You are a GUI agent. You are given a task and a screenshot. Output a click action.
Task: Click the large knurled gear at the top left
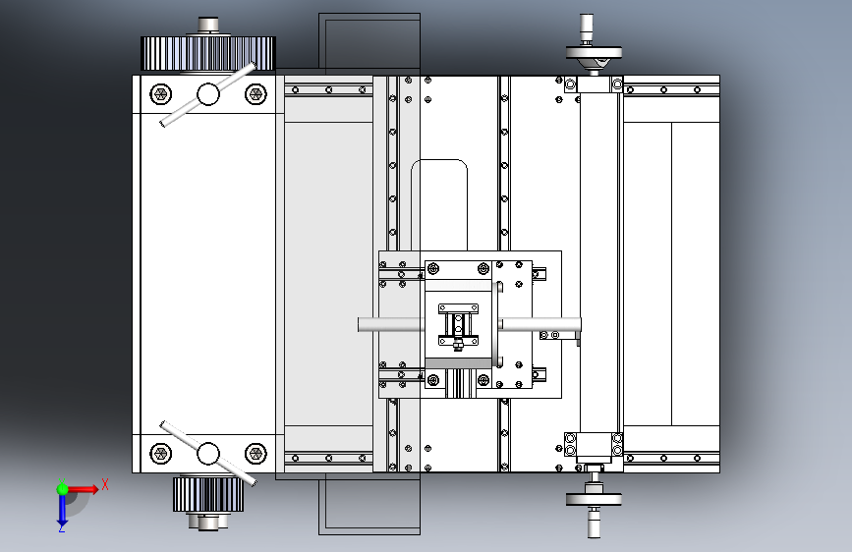pos(207,53)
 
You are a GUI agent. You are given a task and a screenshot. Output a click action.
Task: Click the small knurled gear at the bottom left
pos(207,495)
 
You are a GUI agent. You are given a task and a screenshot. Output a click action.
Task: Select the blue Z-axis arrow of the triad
pos(62,509)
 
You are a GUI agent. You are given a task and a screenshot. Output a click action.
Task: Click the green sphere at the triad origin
pos(62,488)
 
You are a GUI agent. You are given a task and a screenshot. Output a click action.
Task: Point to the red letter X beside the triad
pos(105,484)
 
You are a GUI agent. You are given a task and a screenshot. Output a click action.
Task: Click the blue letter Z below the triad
pos(62,528)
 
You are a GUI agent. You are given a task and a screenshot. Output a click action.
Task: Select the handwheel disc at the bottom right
pos(594,498)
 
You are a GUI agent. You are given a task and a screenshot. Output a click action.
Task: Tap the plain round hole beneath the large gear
pos(207,94)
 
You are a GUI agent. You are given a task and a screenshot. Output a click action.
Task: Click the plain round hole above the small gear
pos(207,454)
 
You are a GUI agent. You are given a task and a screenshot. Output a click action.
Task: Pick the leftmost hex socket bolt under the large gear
pos(160,94)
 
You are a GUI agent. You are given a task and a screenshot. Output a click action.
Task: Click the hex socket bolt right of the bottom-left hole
pos(256,454)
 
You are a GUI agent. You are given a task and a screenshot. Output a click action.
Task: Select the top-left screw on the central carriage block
pos(433,268)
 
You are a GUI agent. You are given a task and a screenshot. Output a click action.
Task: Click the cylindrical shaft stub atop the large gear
pos(207,25)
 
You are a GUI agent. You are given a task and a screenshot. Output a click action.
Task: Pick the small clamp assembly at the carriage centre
pos(458,325)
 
